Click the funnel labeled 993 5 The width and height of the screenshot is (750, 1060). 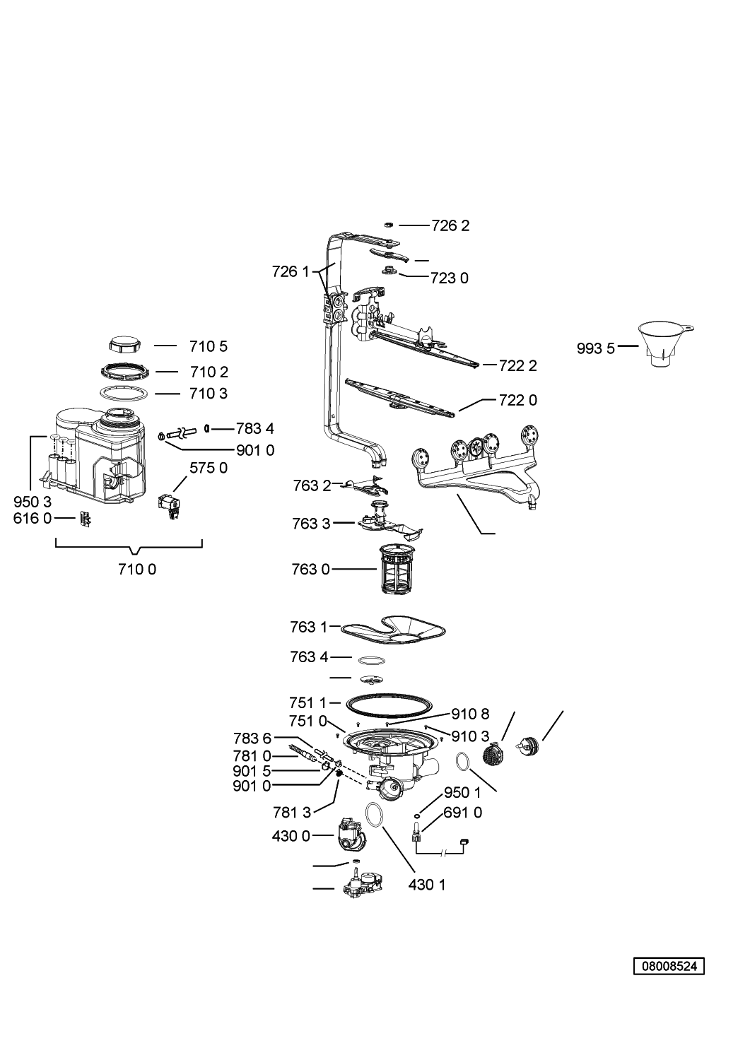[664, 344]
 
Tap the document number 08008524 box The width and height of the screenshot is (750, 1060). [669, 966]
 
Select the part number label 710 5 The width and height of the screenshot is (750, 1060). [209, 346]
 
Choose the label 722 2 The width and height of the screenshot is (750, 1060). [518, 365]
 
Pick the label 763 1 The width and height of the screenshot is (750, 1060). [309, 627]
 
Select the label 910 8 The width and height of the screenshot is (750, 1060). [470, 714]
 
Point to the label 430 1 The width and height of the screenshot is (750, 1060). [427, 885]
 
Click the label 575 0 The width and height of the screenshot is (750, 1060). [209, 468]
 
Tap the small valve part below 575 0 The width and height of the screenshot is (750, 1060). [170, 507]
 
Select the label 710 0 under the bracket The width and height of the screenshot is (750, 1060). [137, 569]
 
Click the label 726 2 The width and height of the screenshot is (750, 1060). [450, 225]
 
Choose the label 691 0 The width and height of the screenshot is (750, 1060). [462, 812]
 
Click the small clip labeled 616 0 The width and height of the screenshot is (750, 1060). [86, 519]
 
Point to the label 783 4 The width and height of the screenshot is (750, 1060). [255, 428]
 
